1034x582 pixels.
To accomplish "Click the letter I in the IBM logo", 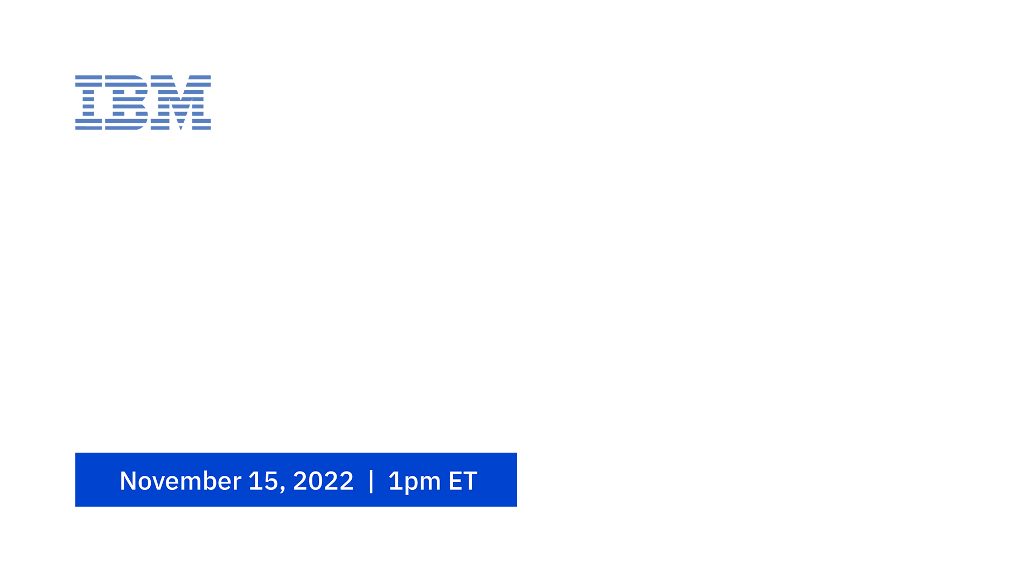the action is click(x=88, y=102).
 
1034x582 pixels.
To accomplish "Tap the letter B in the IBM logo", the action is click(x=127, y=102).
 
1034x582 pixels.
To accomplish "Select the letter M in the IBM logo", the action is click(x=181, y=102).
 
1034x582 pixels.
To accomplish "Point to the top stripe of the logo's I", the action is click(x=88, y=78).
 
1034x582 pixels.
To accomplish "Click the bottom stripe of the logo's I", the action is click(x=88, y=128).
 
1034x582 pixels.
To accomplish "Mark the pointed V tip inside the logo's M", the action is click(x=181, y=129).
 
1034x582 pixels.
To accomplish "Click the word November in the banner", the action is click(x=180, y=481).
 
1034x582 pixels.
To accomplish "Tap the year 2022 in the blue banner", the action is click(x=323, y=481).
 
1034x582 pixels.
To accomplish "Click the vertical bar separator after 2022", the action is click(x=371, y=481).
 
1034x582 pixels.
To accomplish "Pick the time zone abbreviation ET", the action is click(x=463, y=481).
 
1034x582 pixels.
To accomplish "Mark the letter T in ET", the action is click(x=470, y=481).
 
